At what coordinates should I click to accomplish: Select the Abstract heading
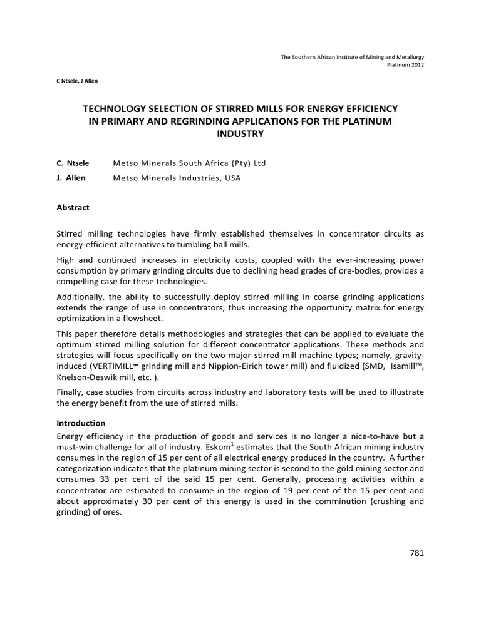73,207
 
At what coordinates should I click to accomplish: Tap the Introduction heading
81,423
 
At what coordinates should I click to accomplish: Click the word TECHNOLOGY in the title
118,109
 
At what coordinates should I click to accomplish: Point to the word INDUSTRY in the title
240,134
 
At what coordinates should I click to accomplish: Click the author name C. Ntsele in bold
73,163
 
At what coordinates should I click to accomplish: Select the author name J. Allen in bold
71,178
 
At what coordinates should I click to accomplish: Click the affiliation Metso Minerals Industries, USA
177,178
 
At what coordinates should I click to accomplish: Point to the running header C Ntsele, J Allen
77,81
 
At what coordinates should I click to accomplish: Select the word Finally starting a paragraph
71,392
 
